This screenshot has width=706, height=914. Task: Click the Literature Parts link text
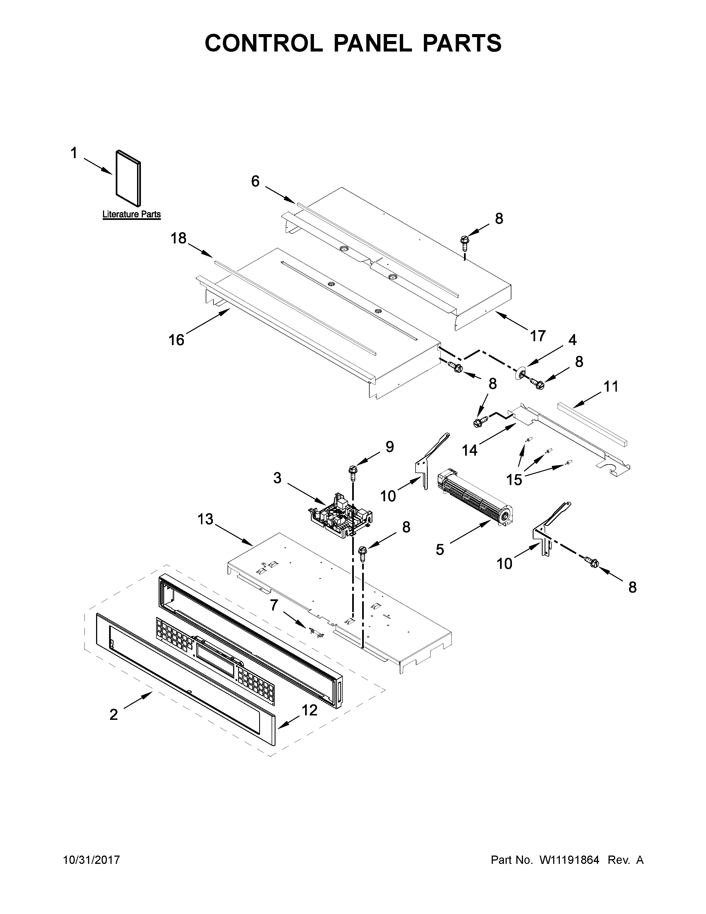pyautogui.click(x=131, y=215)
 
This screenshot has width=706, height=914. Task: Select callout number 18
pyautogui.click(x=178, y=238)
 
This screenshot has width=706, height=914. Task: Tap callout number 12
pyautogui.click(x=310, y=710)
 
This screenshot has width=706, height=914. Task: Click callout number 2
pyautogui.click(x=114, y=715)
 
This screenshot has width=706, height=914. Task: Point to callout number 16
pyautogui.click(x=177, y=340)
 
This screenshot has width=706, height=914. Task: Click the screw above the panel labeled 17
pyautogui.click(x=463, y=242)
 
